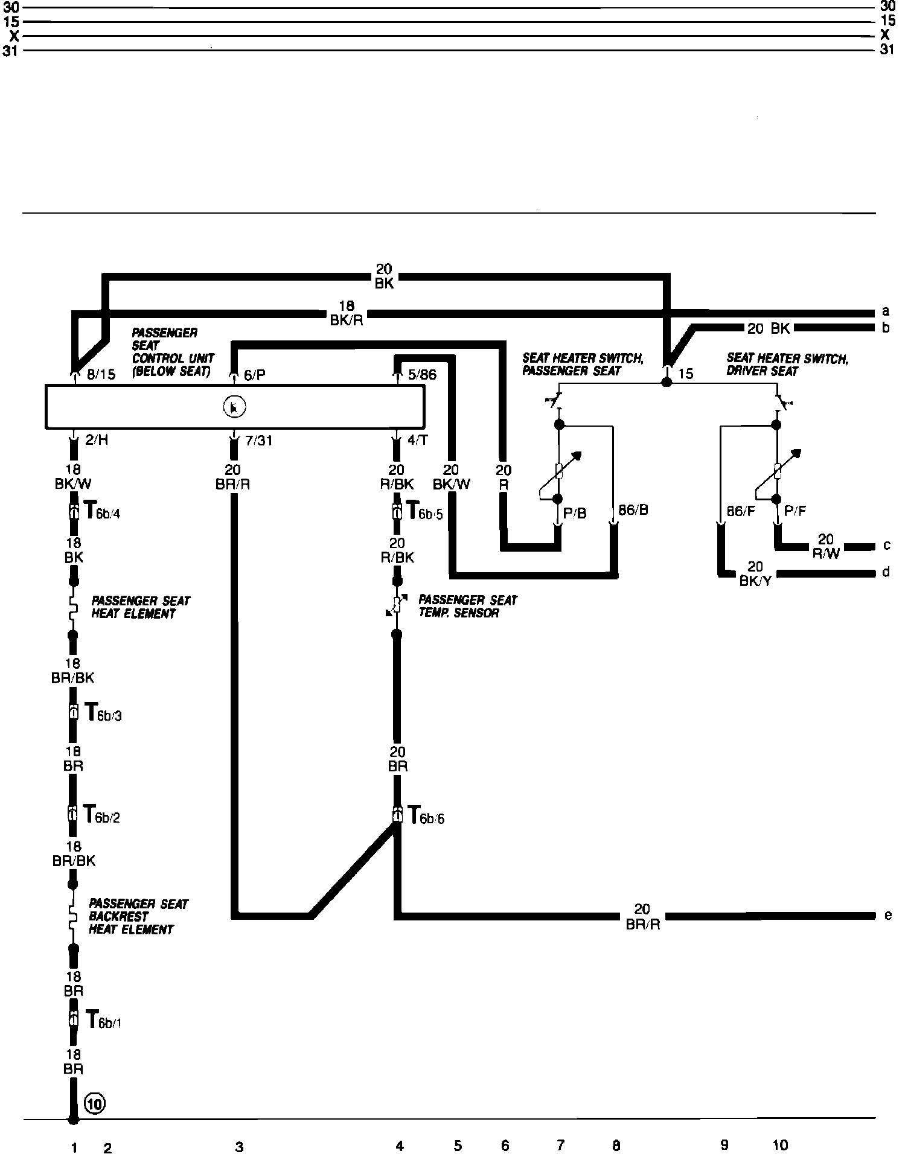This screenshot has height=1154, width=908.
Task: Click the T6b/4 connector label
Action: pos(101,512)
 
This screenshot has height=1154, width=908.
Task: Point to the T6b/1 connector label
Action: pos(103,1020)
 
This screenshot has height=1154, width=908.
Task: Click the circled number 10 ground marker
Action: pos(95,1104)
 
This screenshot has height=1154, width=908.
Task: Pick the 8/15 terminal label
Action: pos(101,374)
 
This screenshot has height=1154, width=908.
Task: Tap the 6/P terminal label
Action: pos(255,375)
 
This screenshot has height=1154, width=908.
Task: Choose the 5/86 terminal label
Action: pos(422,375)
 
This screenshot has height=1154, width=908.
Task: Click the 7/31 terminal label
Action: pos(259,441)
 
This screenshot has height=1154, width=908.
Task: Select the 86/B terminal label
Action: pos(633,510)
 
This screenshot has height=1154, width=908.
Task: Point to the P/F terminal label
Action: pos(795,511)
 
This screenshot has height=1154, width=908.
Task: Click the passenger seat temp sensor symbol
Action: pos(397,605)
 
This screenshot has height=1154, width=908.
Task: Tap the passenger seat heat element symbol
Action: pos(73,608)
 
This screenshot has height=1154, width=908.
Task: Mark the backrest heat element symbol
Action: pos(73,916)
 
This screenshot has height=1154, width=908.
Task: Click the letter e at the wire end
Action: pos(887,916)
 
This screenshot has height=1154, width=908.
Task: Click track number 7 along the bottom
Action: pos(560,1144)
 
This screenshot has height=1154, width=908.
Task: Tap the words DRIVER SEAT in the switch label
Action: pos(763,371)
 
